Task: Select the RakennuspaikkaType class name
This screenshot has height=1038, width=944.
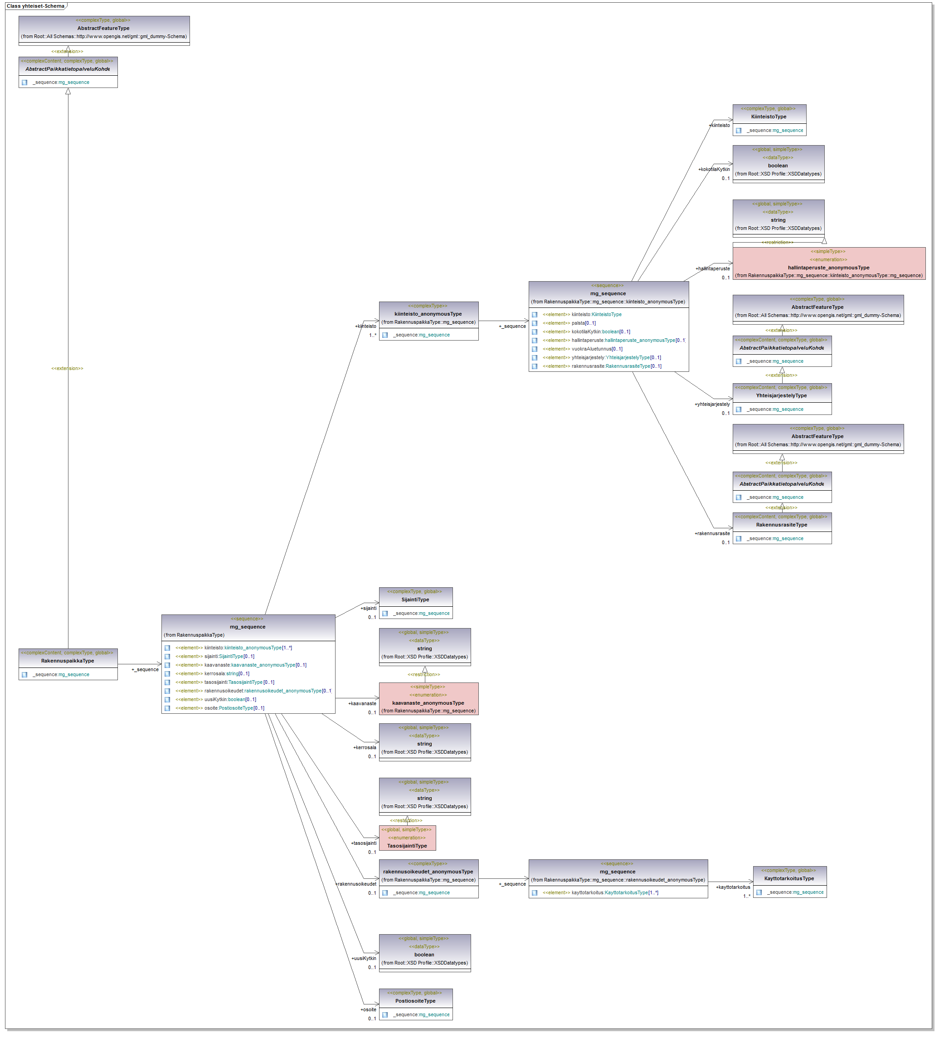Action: (68, 661)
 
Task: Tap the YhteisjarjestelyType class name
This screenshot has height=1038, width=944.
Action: (781, 396)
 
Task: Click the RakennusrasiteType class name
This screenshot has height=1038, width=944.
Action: (781, 525)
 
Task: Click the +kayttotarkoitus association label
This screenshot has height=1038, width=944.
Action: (733, 887)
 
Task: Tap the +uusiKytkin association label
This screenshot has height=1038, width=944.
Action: (364, 959)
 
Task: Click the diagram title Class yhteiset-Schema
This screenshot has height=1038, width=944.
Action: (35, 6)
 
